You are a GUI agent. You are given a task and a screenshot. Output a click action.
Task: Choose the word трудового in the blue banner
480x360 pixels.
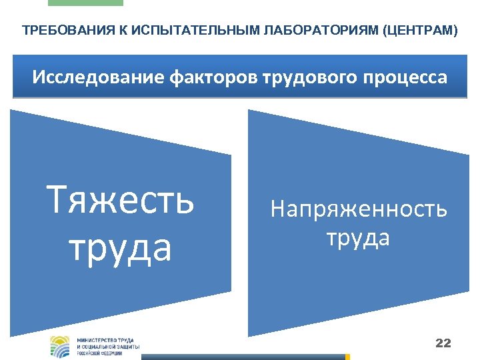(x=296, y=77)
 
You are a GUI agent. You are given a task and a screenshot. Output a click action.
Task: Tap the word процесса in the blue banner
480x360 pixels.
(x=403, y=77)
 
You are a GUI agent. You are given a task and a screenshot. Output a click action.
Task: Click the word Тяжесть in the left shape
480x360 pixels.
(x=120, y=201)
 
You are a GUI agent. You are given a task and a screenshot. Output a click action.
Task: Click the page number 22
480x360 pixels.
(x=443, y=343)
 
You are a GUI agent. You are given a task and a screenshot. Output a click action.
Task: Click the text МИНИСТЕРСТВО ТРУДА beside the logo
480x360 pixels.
(x=106, y=340)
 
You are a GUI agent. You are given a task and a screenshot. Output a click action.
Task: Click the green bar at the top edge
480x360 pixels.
(x=85, y=3)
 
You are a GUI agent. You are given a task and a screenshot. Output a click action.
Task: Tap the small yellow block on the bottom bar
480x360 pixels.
(x=347, y=357)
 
